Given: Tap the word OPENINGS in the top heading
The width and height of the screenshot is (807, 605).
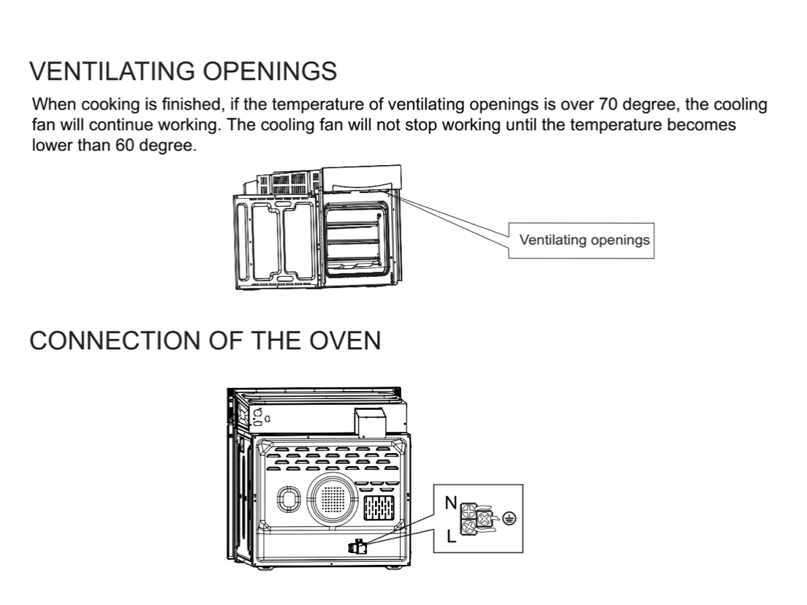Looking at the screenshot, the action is pos(270,71).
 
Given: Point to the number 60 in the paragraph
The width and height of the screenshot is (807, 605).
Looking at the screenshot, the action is pos(124,145).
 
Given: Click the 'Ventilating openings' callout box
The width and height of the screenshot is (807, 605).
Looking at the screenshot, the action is pos(581,240).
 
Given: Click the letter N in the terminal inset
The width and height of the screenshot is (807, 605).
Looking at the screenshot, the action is pos(451,503).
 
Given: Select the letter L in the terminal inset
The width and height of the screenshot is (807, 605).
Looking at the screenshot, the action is pos(451,536).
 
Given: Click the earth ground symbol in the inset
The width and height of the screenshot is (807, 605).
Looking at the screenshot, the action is pos(509,519).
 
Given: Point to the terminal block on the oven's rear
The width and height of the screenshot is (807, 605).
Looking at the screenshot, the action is pos(357,547).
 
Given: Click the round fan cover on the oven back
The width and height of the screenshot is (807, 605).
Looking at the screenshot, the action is pos(333,499).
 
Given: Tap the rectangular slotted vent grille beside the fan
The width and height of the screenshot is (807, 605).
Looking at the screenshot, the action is pos(379,508).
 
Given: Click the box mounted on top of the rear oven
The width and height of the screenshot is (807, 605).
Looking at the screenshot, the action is pos(370,422).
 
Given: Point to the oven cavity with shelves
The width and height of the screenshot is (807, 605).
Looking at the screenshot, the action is pos(354,238).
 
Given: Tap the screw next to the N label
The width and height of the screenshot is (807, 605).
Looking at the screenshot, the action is pos(469,511).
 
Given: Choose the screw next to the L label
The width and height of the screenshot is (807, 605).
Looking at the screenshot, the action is pos(469,527).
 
